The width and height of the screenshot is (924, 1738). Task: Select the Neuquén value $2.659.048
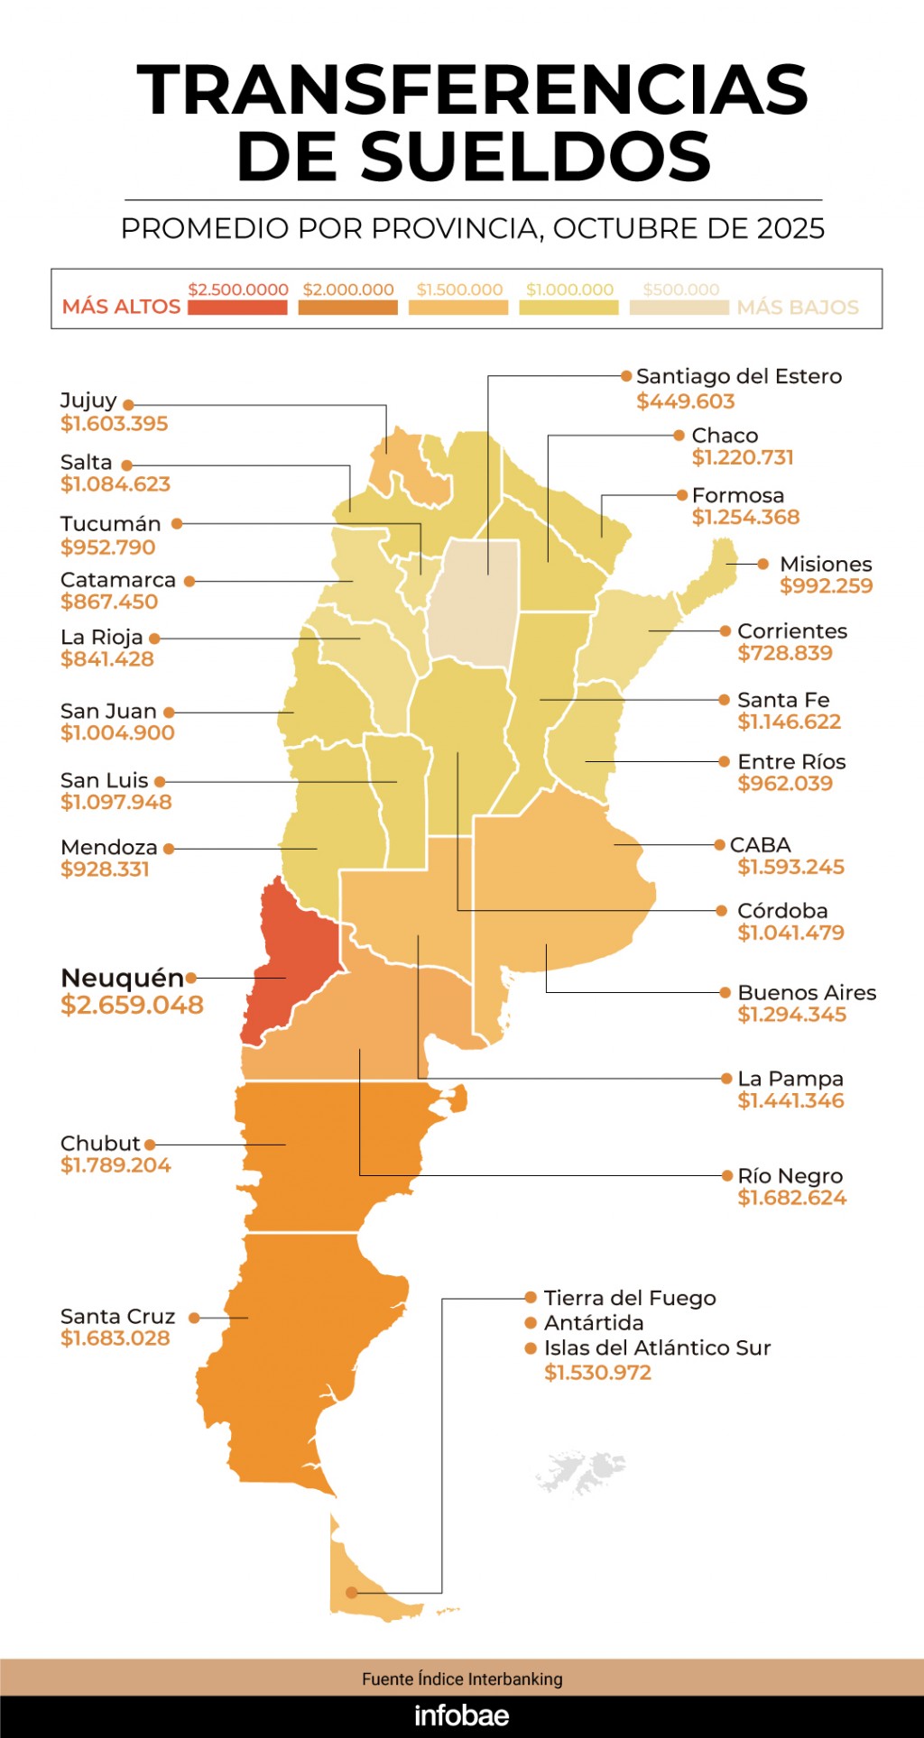(x=132, y=1005)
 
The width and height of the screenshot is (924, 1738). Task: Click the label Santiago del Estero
(x=738, y=376)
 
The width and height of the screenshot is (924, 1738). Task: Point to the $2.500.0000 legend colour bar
(x=237, y=308)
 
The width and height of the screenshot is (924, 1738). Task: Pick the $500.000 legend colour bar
(x=679, y=308)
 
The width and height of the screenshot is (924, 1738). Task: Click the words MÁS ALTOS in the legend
(x=121, y=307)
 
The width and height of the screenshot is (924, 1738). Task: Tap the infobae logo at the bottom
(x=461, y=1715)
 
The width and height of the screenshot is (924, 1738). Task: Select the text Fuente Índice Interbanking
(x=461, y=1678)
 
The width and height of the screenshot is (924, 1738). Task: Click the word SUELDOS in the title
(x=474, y=156)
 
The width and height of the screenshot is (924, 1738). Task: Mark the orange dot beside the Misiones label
(x=762, y=564)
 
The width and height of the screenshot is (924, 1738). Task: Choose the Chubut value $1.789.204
(x=115, y=1165)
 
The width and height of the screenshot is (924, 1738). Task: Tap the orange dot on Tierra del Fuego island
(x=351, y=1593)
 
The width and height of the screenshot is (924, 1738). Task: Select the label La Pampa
(x=790, y=1079)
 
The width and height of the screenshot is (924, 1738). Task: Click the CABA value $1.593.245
(x=790, y=867)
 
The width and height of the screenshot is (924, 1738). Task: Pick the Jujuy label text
(x=88, y=400)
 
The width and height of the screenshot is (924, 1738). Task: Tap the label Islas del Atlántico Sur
(x=657, y=1347)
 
